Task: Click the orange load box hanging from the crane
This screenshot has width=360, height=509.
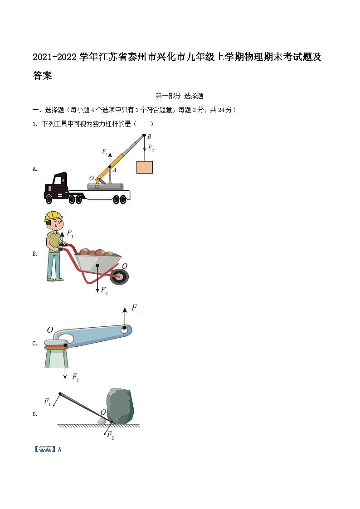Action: coord(145,167)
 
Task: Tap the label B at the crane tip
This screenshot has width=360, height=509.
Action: coord(149,136)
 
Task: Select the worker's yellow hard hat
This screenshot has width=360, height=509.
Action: coord(53,216)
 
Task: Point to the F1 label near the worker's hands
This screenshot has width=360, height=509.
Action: coord(70,234)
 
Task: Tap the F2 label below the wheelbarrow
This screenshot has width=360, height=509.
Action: coord(104,290)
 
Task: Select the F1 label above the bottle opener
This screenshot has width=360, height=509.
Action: coord(135,309)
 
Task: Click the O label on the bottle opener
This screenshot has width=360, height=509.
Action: coord(50,330)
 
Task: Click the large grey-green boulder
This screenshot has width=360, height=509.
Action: coord(120,405)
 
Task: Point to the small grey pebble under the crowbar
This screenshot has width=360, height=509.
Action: coord(102,422)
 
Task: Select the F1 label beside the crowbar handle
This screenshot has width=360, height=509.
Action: coord(47,401)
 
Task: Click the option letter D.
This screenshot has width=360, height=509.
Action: coord(35,414)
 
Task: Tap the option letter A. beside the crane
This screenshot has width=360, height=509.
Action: coord(35,169)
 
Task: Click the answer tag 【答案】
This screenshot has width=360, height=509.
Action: coord(45,450)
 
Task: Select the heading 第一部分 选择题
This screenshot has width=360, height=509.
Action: coord(179,96)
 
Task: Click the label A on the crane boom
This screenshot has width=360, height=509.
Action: coord(115,170)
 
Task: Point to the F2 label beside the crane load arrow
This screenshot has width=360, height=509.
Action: coord(151,148)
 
